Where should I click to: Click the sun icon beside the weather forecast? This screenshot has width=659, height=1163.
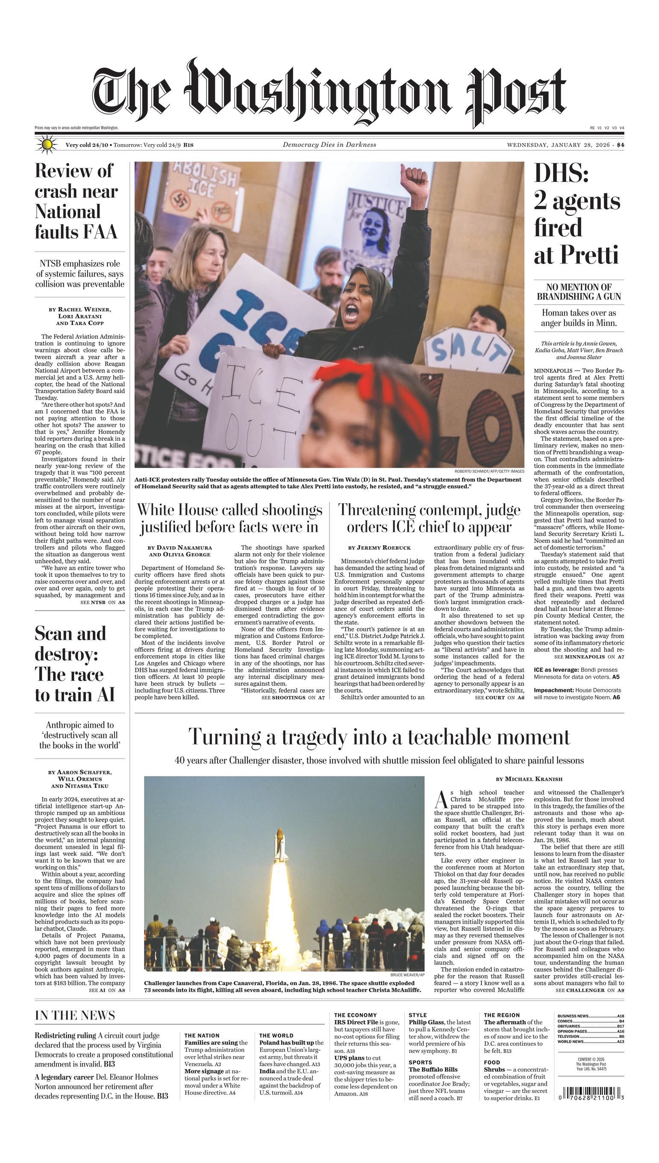[46, 145]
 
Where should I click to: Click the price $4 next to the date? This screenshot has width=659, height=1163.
[620, 145]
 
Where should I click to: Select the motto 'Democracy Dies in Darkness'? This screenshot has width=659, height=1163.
[329, 145]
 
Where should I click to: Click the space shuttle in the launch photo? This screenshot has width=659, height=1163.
[280, 846]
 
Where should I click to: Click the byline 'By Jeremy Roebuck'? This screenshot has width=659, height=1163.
[379, 548]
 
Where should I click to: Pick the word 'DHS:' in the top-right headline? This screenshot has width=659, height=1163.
[561, 173]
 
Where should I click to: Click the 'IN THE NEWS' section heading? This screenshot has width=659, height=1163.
[75, 1016]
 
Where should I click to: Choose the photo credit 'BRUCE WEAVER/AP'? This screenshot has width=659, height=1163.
[407, 975]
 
